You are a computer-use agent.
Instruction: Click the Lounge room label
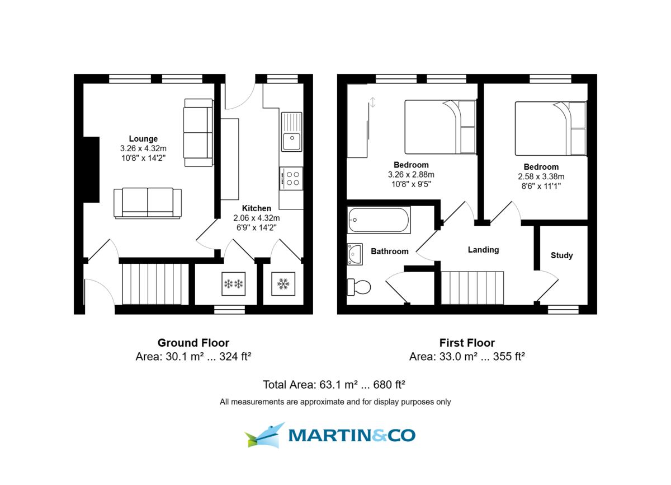pyautogui.click(x=143, y=139)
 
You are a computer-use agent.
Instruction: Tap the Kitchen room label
pyautogui.click(x=257, y=208)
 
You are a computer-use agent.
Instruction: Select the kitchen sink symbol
pyautogui.click(x=291, y=132)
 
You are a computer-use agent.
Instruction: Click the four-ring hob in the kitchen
pyautogui.click(x=291, y=178)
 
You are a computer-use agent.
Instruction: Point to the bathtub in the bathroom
pyautogui.click(x=379, y=220)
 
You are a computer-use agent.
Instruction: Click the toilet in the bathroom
pyautogui.click(x=359, y=287)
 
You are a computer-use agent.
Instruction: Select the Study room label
pyautogui.click(x=561, y=255)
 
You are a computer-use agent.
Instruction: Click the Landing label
pyautogui.click(x=483, y=250)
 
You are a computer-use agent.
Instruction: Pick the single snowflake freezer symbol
pyautogui.click(x=282, y=285)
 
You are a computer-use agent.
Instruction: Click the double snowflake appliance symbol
pyautogui.click(x=234, y=285)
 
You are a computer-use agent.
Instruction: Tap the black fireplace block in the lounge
pyautogui.click(x=91, y=170)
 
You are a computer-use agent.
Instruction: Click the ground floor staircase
pyautogui.click(x=154, y=284)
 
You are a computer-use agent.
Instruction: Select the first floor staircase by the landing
pyautogui.click(x=472, y=287)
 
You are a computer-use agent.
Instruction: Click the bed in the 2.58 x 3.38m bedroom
pyautogui.click(x=550, y=128)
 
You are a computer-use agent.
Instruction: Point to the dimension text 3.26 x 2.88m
pyautogui.click(x=411, y=174)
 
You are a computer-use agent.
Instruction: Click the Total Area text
pyautogui.click(x=334, y=385)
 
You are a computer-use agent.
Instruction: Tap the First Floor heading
pyautogui.click(x=467, y=343)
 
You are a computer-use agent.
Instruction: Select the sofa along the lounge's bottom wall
pyautogui.click(x=148, y=203)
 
